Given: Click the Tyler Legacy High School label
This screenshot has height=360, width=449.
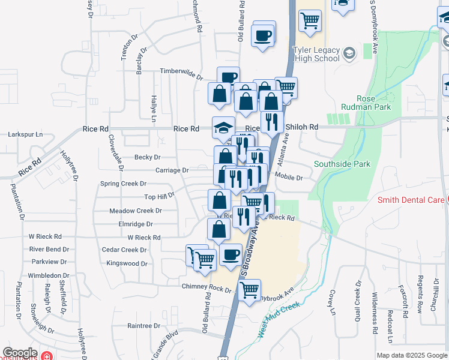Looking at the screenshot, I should [x=316, y=55].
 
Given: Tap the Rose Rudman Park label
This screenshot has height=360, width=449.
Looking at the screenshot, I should [x=374, y=103].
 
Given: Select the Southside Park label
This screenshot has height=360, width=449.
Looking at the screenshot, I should [x=342, y=164].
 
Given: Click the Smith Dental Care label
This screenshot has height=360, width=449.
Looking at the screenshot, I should [x=410, y=200].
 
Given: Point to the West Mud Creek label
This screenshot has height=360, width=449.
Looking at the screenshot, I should [x=280, y=319].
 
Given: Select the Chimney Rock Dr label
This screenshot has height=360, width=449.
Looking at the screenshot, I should [x=206, y=289].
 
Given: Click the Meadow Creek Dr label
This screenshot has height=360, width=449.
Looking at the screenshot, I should [x=136, y=211].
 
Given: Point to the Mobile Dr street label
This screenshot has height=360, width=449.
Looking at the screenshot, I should [x=289, y=177].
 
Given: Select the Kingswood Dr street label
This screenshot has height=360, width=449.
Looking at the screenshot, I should [x=127, y=263].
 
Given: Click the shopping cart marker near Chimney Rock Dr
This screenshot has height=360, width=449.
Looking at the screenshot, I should [x=249, y=290].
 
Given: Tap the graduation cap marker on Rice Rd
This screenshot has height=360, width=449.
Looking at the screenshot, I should [x=223, y=127].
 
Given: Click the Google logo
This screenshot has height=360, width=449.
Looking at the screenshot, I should [x=20, y=353].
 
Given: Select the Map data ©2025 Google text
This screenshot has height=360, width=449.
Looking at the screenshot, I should [x=412, y=355].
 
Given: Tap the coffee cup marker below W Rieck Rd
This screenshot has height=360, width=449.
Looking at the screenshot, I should [x=231, y=254].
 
